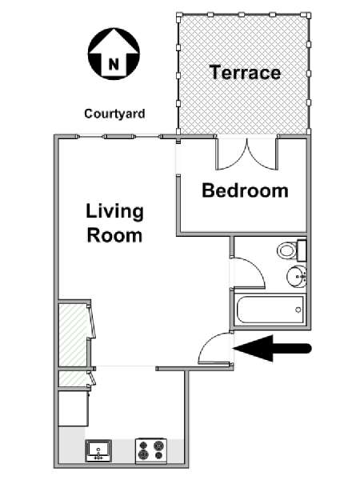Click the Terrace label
tap(245, 72)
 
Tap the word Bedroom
tap(246, 190)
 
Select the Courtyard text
tap(114, 114)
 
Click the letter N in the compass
tap(114, 65)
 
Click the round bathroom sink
tap(296, 276)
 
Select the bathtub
tap(270, 309)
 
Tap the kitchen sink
tap(98, 450)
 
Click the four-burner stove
tap(151, 450)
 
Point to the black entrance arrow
tap(273, 348)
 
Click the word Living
tap(114, 212)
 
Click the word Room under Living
tap(114, 235)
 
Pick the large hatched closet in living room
tap(74, 334)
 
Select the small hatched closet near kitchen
tap(74, 379)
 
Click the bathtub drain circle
tap(298, 310)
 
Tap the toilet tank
tap(302, 250)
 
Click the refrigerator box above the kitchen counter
tap(74, 408)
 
